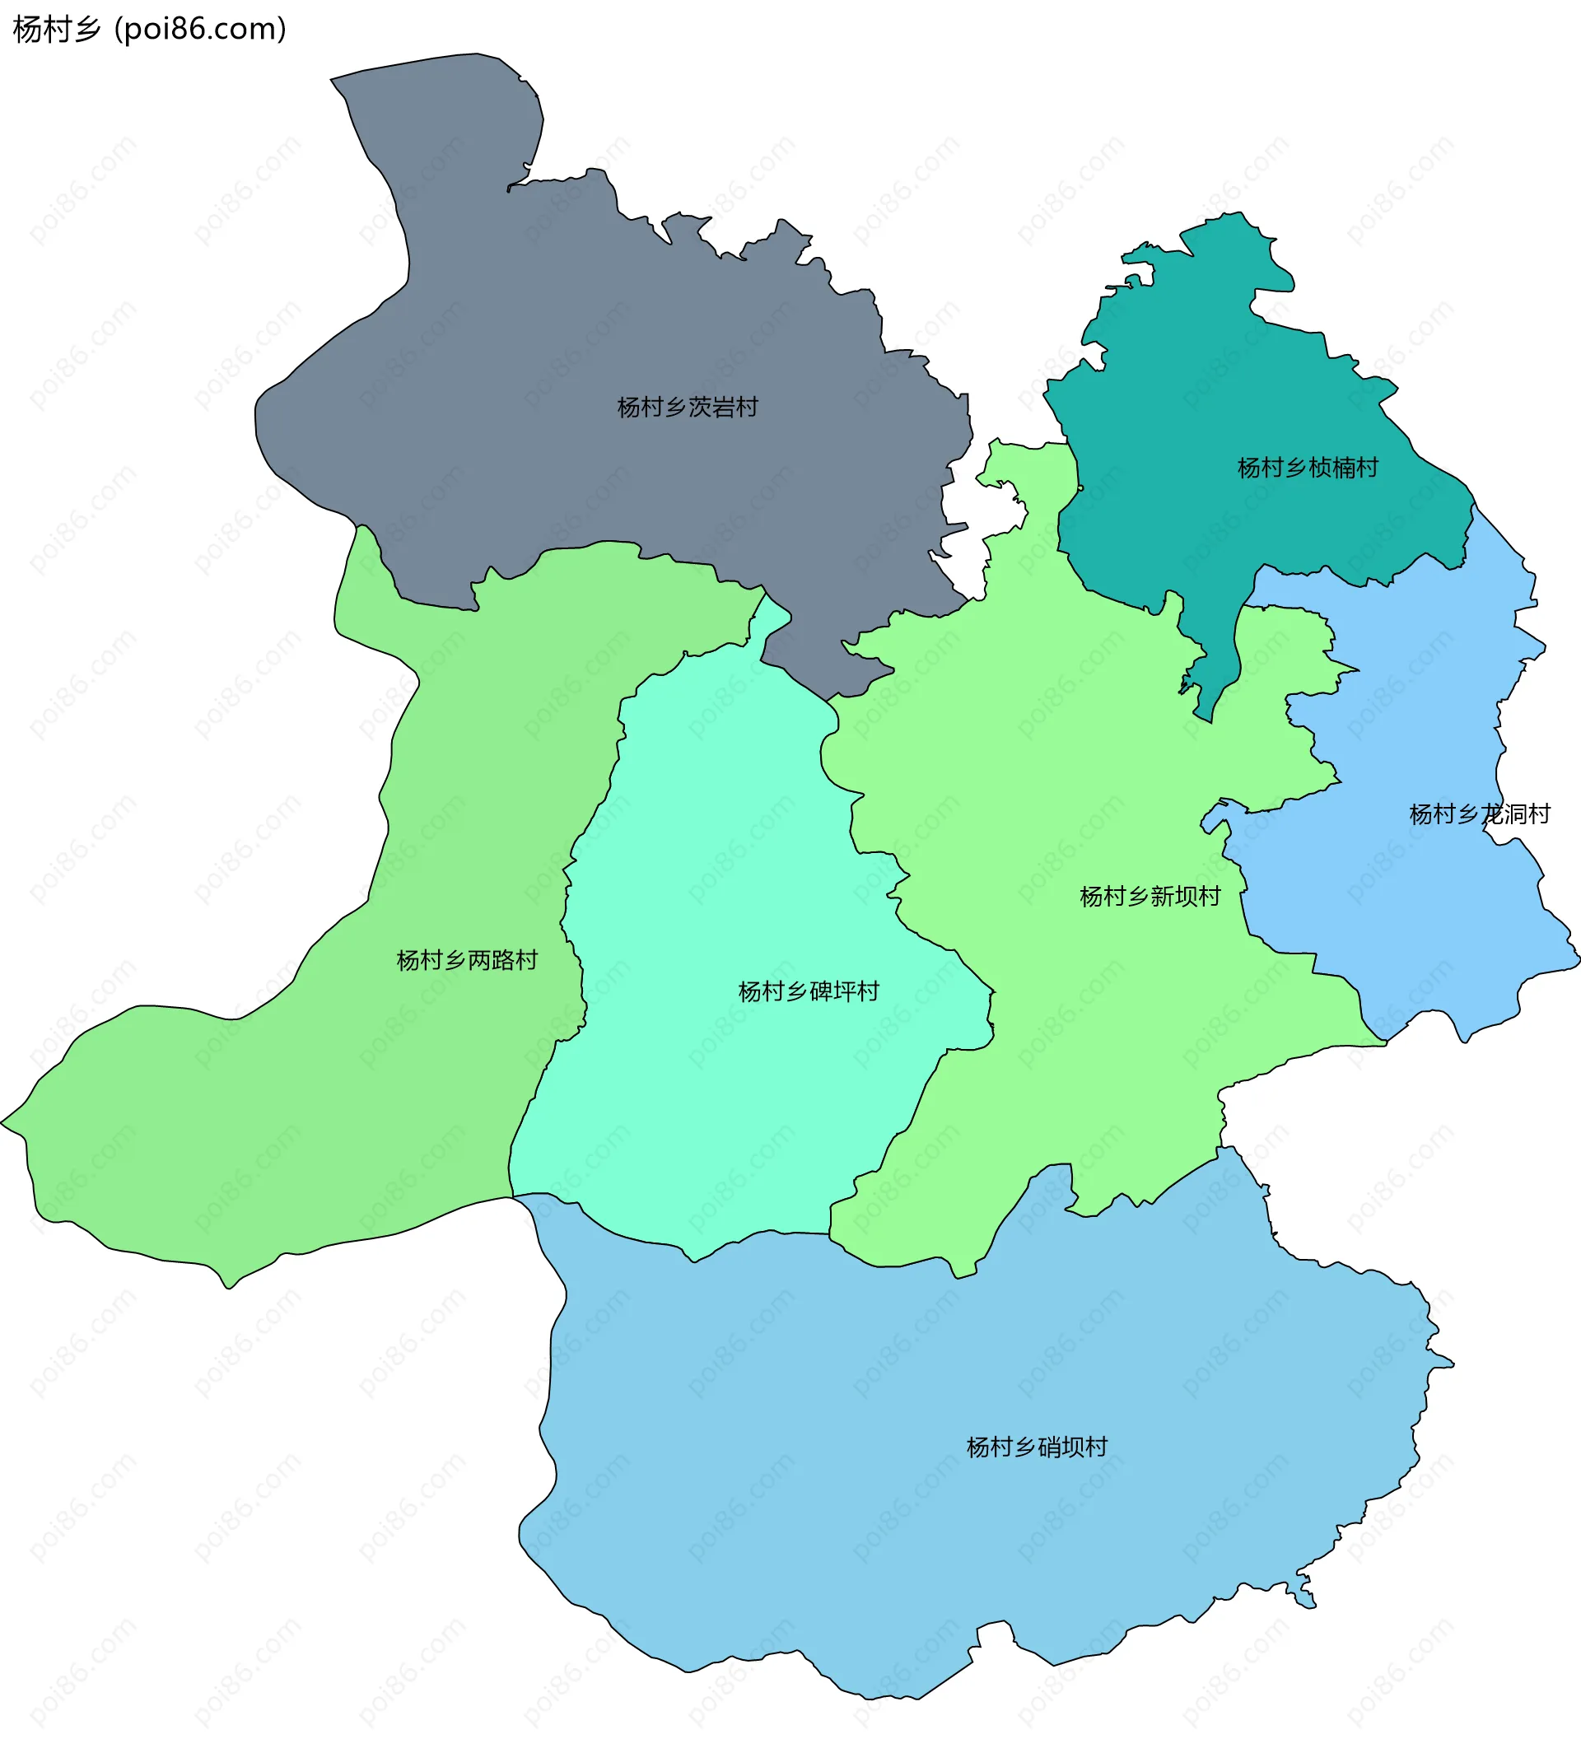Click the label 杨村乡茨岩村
687,407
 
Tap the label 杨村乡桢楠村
1308,468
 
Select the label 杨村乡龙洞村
1480,814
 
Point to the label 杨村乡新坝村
1150,896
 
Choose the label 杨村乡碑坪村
808,991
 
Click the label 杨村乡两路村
467,960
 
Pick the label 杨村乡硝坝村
1038,1447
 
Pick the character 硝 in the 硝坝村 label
1049,1447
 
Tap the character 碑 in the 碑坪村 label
820,991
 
